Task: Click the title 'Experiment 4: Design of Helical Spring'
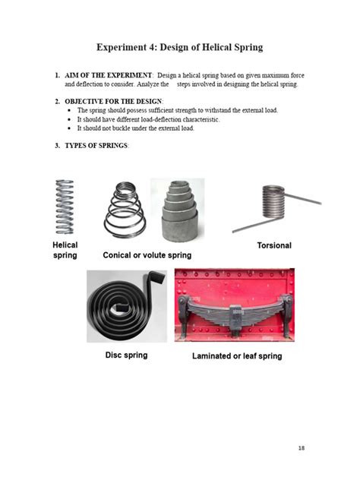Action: coord(179,47)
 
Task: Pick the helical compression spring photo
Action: coord(65,206)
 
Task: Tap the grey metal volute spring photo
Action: coord(178,209)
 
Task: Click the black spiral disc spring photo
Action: coord(126,304)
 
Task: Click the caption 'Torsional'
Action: coord(274,245)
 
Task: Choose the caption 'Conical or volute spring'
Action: coord(147,255)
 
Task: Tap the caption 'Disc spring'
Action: coord(126,355)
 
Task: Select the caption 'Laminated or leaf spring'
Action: coord(236,355)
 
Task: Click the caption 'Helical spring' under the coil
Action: coord(65,250)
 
